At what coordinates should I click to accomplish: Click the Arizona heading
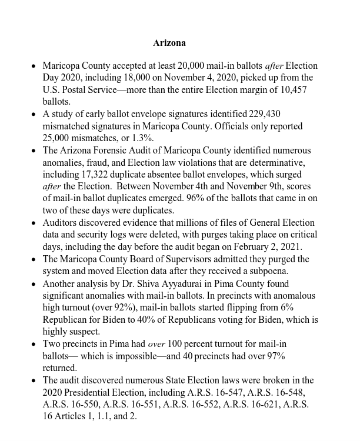click(x=169, y=43)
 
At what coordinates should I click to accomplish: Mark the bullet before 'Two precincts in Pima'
click(x=34, y=345)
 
